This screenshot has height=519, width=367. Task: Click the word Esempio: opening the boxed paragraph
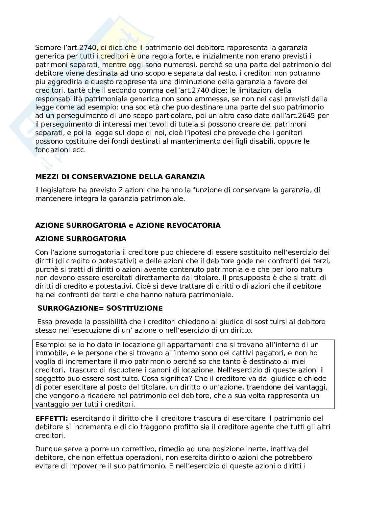tap(50, 345)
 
